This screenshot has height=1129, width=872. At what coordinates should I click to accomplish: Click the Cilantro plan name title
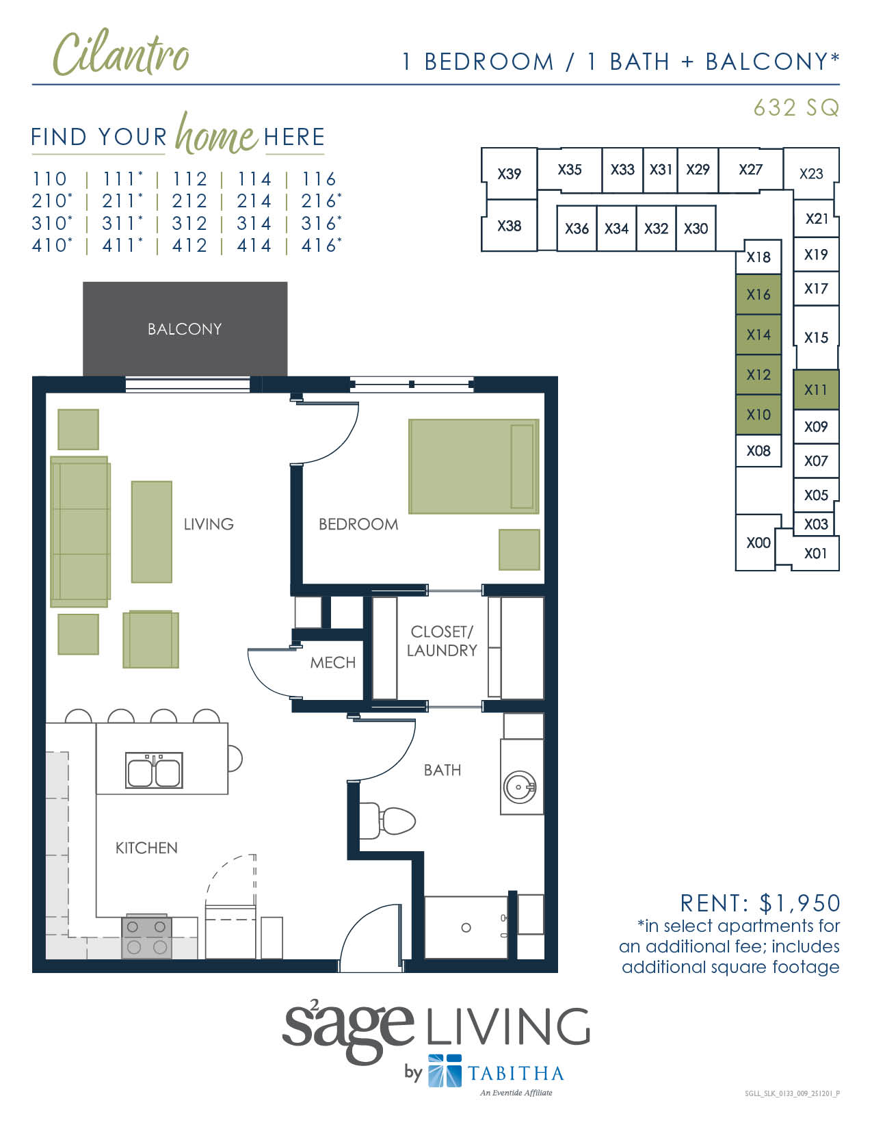[121, 54]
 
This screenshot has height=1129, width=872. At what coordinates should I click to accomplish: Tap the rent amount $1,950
[800, 903]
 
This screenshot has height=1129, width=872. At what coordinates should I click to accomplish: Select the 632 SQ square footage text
[795, 107]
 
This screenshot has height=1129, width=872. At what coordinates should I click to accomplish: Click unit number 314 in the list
[254, 224]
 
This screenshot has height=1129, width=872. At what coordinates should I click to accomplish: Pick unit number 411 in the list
[120, 246]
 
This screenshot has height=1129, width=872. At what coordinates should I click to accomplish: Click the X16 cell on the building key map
[758, 295]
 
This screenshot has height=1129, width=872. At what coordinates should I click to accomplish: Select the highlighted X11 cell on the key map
[815, 390]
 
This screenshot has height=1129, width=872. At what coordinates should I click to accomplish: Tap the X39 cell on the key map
[509, 174]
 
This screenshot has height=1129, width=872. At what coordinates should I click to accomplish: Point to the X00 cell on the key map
[758, 543]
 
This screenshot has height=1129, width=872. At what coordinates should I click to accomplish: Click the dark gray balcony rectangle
[185, 329]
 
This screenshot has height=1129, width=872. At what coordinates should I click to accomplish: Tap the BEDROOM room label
[358, 525]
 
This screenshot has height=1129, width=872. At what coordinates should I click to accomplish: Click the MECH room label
[333, 662]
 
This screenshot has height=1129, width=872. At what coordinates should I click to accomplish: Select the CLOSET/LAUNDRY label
[442, 641]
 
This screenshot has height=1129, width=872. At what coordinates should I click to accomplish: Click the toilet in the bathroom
[390, 820]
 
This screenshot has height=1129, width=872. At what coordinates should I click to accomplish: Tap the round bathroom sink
[520, 787]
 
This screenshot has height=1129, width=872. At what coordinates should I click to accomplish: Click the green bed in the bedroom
[473, 466]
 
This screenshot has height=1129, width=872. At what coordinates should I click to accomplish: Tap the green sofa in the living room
[80, 532]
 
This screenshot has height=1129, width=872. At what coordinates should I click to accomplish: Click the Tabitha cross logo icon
[445, 1070]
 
